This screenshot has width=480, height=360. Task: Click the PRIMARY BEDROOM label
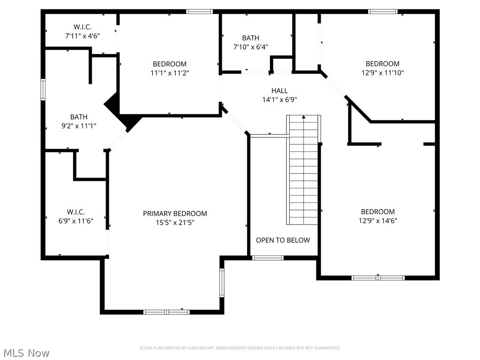pyautogui.click(x=175, y=213)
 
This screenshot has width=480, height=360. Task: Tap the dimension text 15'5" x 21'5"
pyautogui.click(x=175, y=223)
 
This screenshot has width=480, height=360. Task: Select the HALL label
pyautogui.click(x=279, y=90)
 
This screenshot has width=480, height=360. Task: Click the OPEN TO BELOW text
pyautogui.click(x=283, y=240)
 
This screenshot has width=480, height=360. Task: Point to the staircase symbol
pyautogui.click(x=304, y=171)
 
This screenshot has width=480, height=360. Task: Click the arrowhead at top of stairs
pyautogui.click(x=304, y=117)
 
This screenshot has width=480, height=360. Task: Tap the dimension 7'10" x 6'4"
pyautogui.click(x=251, y=47)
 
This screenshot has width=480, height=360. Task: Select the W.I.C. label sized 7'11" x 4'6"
pyautogui.click(x=82, y=27)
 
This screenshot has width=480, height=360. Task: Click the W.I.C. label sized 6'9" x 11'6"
pyautogui.click(x=75, y=212)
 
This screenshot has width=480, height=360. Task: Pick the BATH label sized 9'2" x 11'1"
pyautogui.click(x=79, y=117)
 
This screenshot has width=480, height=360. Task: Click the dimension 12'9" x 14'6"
pyautogui.click(x=378, y=221)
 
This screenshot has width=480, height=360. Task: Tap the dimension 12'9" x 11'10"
pyautogui.click(x=382, y=73)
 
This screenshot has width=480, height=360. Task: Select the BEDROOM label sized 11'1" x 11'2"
pyautogui.click(x=169, y=64)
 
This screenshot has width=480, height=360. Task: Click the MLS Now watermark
pyautogui.click(x=26, y=352)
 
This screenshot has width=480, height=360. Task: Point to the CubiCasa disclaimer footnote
pyautogui.click(x=240, y=348)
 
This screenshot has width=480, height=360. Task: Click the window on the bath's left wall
pyautogui.click(x=43, y=90)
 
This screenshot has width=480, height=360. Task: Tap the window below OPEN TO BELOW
pyautogui.click(x=268, y=257)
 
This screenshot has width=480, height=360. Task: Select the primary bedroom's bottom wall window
pyautogui.click(x=166, y=312)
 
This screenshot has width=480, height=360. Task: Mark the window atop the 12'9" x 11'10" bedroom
pyautogui.click(x=382, y=11)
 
